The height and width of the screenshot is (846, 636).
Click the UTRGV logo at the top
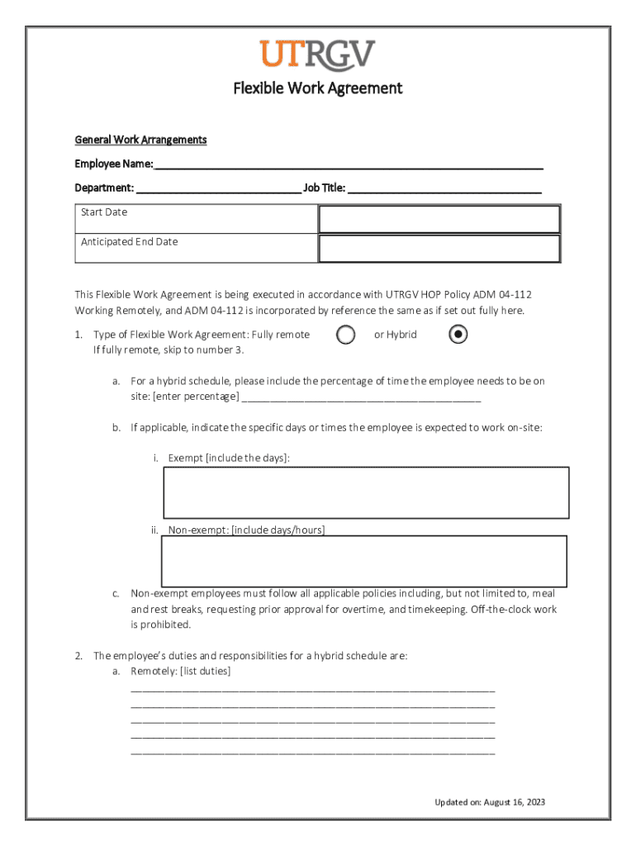point(317,55)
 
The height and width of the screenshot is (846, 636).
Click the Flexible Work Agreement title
point(317,88)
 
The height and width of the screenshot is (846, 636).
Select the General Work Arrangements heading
point(140,140)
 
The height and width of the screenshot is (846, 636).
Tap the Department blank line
point(218,188)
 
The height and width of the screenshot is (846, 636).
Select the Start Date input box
point(439,220)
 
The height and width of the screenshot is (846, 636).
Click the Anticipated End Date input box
point(439,249)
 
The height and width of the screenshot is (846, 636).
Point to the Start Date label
point(104,212)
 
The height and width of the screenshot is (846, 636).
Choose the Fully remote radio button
point(346,335)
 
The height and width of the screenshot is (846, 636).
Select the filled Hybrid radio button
point(458,335)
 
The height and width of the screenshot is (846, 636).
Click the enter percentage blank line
point(362,397)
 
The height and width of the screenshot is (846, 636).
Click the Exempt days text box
point(367,492)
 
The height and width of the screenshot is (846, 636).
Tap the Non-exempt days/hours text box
point(364,561)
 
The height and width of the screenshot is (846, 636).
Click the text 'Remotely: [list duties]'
point(180,671)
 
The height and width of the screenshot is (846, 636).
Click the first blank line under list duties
point(313,688)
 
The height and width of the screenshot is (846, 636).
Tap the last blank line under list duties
point(313,753)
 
